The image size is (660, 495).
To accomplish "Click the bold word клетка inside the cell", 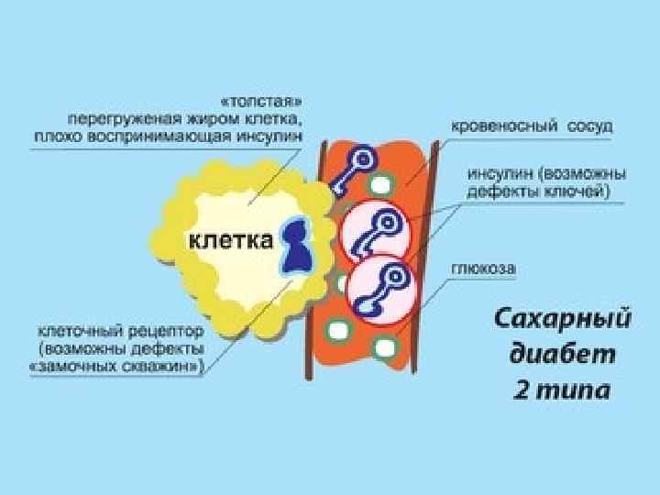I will coord(230,241).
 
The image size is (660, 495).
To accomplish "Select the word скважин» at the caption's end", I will coord(163,365).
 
